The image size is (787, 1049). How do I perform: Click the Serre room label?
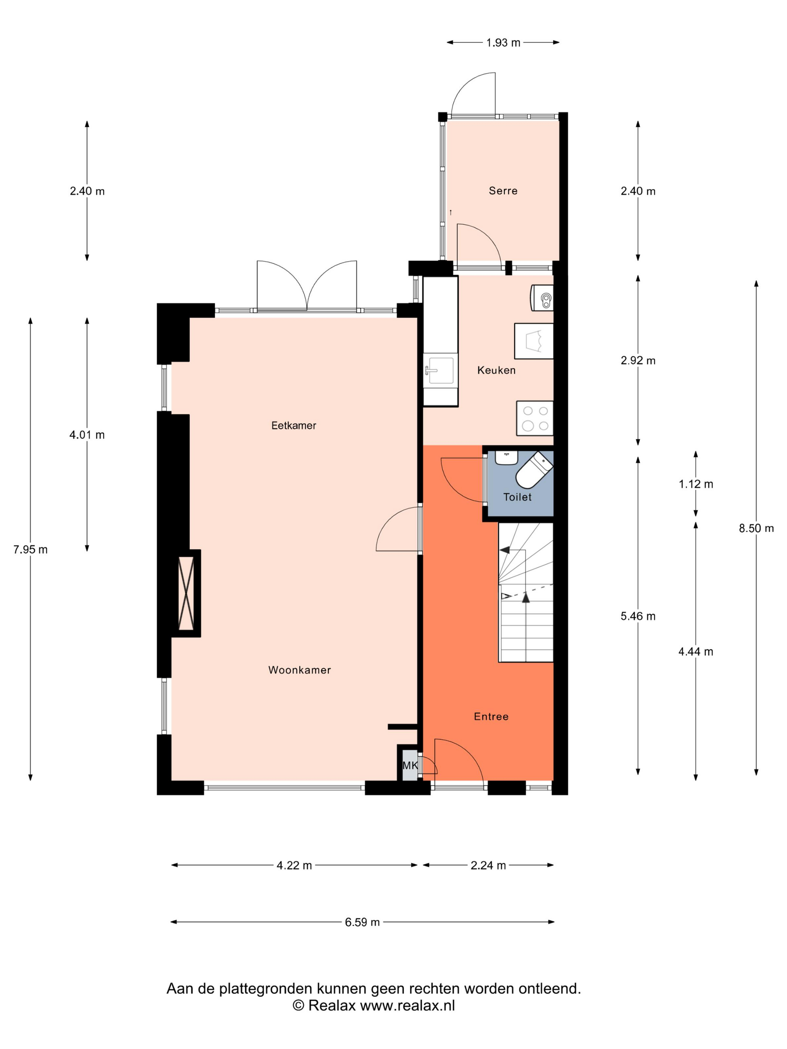pyautogui.click(x=503, y=191)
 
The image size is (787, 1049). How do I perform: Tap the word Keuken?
pyautogui.click(x=496, y=370)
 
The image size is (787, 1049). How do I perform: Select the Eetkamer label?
pyautogui.click(x=294, y=425)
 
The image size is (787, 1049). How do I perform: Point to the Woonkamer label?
pyautogui.click(x=299, y=669)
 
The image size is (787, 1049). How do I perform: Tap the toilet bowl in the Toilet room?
pyautogui.click(x=534, y=469)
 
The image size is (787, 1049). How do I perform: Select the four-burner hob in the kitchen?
pyautogui.click(x=535, y=418)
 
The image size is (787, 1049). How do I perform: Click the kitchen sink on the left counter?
pyautogui.click(x=440, y=371)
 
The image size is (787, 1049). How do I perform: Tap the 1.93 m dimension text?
pyautogui.click(x=503, y=43)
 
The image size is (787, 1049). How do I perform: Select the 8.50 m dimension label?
pyautogui.click(x=756, y=528)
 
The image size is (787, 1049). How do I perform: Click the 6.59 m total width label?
pyautogui.click(x=362, y=922)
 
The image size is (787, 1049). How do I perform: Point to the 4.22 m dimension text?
pyautogui.click(x=294, y=865)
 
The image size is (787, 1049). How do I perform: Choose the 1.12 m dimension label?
pyautogui.click(x=696, y=484)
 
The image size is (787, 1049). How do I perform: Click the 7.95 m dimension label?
pyautogui.click(x=30, y=549)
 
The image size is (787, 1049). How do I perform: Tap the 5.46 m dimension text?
pyautogui.click(x=637, y=616)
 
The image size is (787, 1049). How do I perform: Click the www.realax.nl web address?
pyautogui.click(x=407, y=1006)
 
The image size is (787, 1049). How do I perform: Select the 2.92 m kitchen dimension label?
pyautogui.click(x=637, y=360)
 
